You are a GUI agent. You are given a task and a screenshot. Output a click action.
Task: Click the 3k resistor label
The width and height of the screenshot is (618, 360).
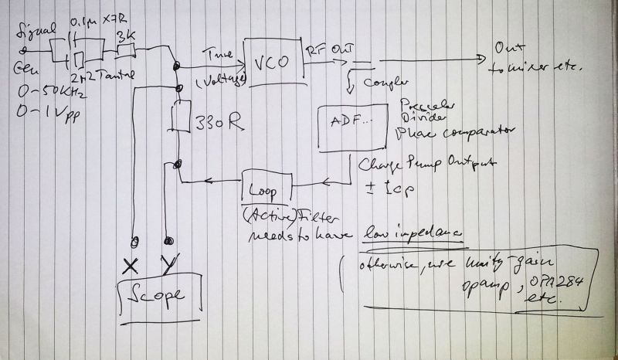tap(126, 36)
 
